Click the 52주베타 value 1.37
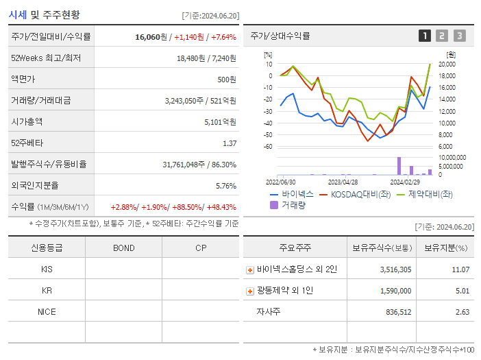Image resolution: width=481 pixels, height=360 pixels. click(x=230, y=143)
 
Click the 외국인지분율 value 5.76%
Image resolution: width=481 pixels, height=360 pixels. click(x=225, y=186)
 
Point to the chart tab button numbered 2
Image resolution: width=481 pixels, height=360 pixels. click(x=442, y=36)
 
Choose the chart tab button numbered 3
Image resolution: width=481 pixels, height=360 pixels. click(x=459, y=36)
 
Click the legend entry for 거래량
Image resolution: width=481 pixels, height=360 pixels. click(x=288, y=204)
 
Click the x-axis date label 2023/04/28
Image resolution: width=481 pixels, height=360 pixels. click(x=343, y=182)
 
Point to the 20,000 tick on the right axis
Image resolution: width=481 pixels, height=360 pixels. click(x=447, y=64)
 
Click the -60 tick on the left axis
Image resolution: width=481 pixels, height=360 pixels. click(x=269, y=147)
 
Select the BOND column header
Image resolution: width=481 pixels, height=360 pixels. click(x=123, y=248)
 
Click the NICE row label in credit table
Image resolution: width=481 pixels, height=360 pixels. click(x=47, y=311)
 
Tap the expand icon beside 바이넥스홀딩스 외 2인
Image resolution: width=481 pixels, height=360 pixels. click(x=250, y=269)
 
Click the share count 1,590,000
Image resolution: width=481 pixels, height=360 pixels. click(x=395, y=291)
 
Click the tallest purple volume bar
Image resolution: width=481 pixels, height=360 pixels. click(x=399, y=166)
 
